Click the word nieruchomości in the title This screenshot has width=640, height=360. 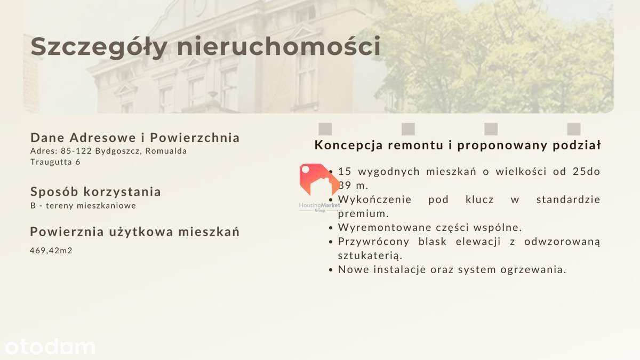coord(278,46)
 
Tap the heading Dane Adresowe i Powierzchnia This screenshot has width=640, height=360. coord(135,138)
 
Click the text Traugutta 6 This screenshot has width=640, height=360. coord(55,162)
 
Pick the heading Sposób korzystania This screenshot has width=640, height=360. coord(95,191)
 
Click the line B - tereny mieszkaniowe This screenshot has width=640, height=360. coord(83,205)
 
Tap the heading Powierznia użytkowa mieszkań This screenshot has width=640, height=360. coord(135,232)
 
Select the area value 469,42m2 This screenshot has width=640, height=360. coord(51,250)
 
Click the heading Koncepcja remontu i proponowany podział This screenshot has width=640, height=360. coord(458,145)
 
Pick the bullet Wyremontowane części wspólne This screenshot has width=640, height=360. coord(430,228)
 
